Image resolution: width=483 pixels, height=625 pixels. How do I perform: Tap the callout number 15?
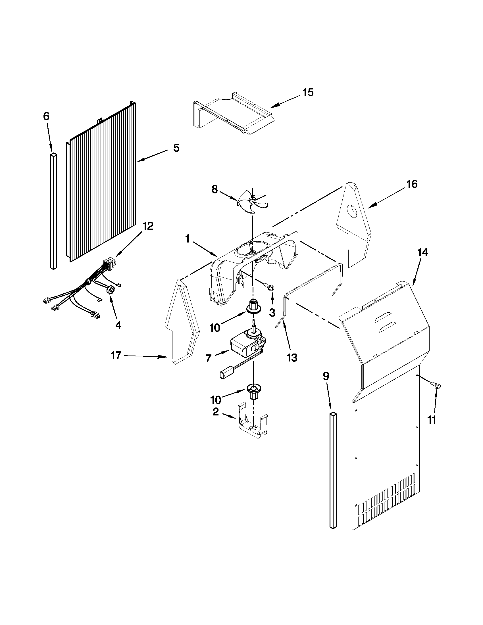pyautogui.click(x=308, y=93)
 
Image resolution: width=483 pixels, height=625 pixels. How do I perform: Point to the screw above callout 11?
pyautogui.click(x=436, y=385)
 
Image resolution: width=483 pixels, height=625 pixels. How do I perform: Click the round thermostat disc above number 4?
pyautogui.click(x=111, y=290)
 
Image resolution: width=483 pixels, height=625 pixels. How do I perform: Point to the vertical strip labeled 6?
pyautogui.click(x=53, y=211)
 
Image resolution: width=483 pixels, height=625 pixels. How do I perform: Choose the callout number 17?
pyautogui.click(x=116, y=356)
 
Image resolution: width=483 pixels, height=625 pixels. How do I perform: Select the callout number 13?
pyautogui.click(x=292, y=358)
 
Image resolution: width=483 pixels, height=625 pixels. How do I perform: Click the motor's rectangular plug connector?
pyautogui.click(x=224, y=374)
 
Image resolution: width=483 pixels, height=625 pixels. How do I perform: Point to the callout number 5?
pyautogui.click(x=176, y=148)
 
